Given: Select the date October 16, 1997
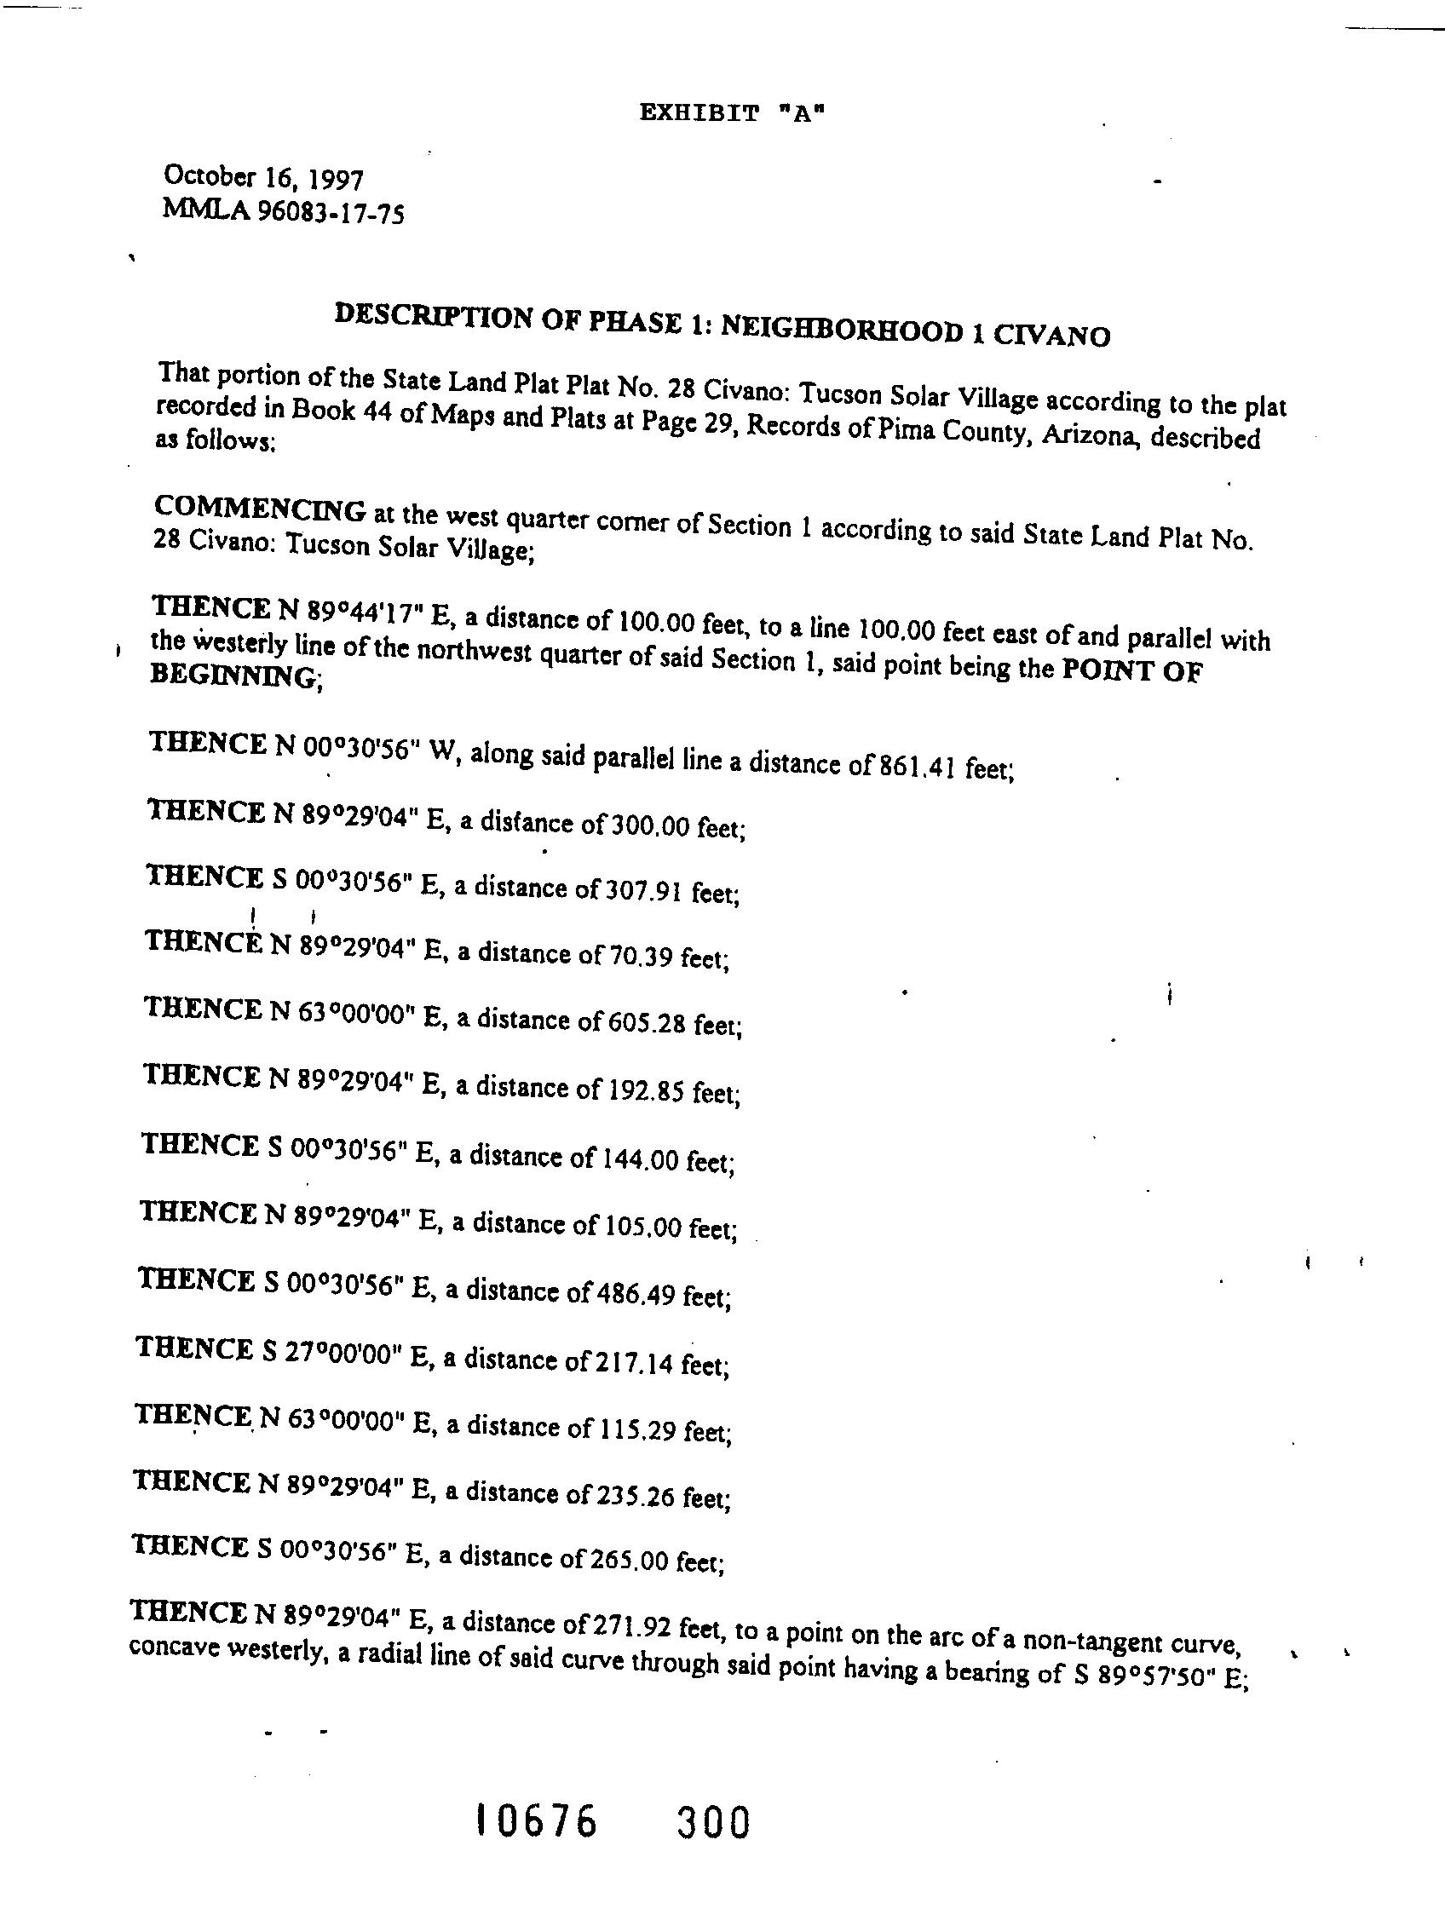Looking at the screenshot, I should [x=263, y=178].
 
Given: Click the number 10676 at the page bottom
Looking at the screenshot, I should [x=536, y=1822].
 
